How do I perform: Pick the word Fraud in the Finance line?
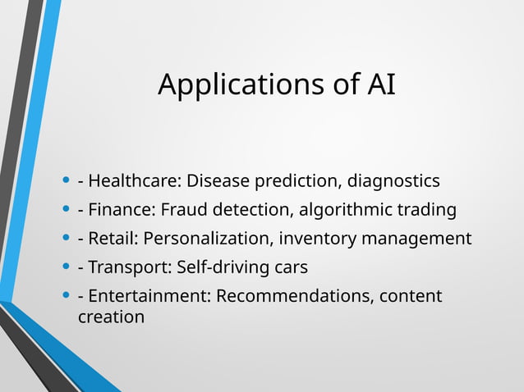(182, 210)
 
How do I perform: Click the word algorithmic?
(346, 210)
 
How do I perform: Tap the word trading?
(427, 210)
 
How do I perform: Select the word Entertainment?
(147, 296)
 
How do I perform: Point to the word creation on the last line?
(111, 316)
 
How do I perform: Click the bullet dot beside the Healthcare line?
(66, 181)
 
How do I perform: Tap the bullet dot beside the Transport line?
(66, 268)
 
